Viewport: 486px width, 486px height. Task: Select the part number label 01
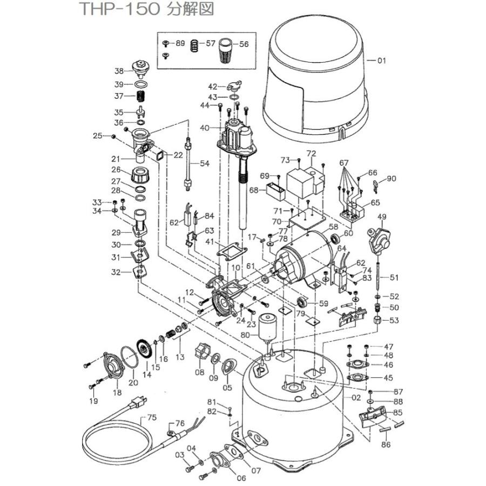click(381, 61)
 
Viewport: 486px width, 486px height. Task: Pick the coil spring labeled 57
click(194, 50)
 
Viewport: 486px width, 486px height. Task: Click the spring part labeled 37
click(140, 98)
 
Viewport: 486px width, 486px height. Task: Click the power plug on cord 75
click(139, 401)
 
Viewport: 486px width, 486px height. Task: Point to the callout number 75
click(152, 417)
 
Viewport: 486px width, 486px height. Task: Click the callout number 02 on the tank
click(356, 398)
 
